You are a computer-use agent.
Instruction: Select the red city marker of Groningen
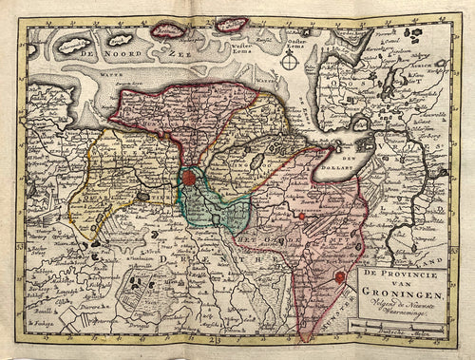pyautogui.click(x=190, y=177)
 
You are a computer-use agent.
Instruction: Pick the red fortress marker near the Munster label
pyautogui.click(x=340, y=277)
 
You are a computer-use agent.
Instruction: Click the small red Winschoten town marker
pyautogui.click(x=301, y=217)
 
